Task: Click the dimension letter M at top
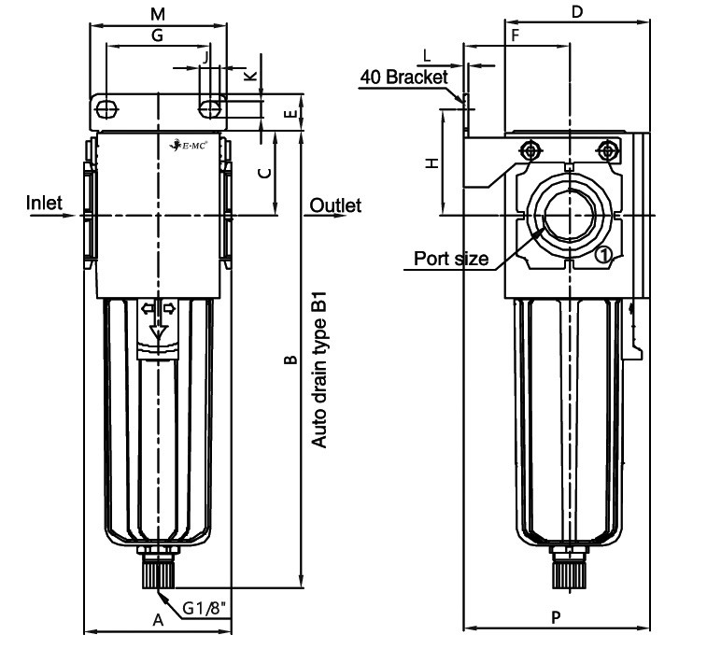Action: coord(157,14)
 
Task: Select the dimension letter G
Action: coord(157,35)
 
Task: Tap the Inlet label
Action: coord(44,203)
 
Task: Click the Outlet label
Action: coord(335,205)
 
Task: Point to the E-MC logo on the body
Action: coord(188,146)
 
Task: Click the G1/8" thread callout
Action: coord(204,609)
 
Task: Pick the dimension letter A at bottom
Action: coord(158,620)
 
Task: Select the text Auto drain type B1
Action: coord(318,370)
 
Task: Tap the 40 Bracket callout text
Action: coord(404,78)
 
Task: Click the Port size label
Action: coord(451,259)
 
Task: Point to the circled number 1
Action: coord(603,255)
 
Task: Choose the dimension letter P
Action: coord(557,617)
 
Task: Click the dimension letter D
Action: coord(577,12)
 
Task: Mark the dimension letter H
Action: coord(432,162)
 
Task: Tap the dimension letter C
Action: coord(265,173)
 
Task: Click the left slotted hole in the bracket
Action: coord(107,108)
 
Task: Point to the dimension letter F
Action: coord(516,35)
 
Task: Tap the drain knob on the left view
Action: coord(159,571)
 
